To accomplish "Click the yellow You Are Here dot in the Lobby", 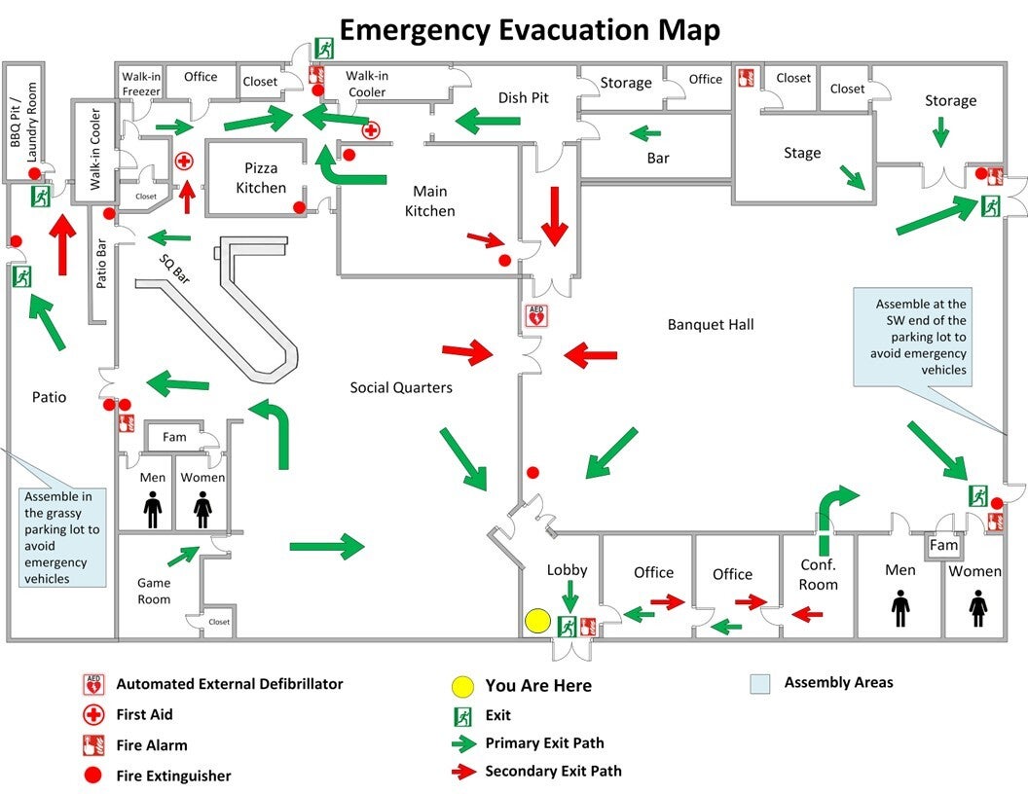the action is coord(537,621).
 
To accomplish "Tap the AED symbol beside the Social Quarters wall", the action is coord(536,316).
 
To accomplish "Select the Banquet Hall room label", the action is coord(711,324).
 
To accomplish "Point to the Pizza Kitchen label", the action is coord(261,177).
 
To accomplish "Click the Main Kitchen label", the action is coord(430,200).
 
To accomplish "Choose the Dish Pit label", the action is coord(523,97).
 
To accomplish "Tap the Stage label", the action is coord(802,153).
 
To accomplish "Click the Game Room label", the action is coord(154,591).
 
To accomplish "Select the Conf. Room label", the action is coord(818,574).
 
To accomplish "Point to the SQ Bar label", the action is coord(174,269).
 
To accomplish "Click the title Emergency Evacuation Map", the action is coord(530,30).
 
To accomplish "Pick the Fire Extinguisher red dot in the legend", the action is coord(93,776).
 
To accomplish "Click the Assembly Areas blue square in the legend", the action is coord(760,684).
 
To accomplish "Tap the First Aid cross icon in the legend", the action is coord(93,714).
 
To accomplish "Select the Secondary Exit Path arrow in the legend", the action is coord(464,771).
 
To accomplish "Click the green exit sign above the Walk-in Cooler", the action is coord(323,48).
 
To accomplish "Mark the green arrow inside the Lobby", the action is coord(570,595).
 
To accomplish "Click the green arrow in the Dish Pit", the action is coord(488,121).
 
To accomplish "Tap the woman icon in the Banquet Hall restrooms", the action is coord(978,608).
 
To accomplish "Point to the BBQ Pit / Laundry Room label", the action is coord(23,123).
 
